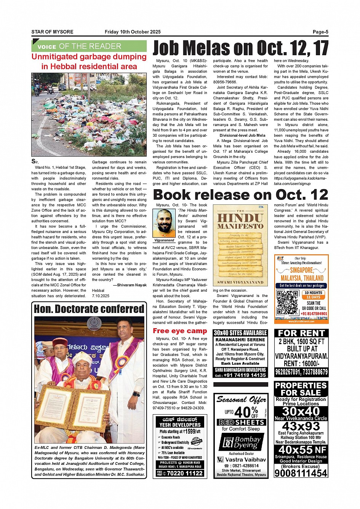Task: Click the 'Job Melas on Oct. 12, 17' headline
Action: tap(240, 48)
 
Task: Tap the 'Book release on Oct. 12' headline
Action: tap(240, 195)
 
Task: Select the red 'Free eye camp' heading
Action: tap(180, 331)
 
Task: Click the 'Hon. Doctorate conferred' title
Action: tap(89, 309)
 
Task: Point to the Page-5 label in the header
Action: tap(320, 32)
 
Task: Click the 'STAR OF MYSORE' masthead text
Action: tap(52, 32)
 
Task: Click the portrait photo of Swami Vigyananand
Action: tap(164, 222)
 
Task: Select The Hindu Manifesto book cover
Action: tap(240, 246)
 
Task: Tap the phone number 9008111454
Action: tap(301, 473)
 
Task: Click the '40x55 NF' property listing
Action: tap(301, 450)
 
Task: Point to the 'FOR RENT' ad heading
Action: tap(301, 333)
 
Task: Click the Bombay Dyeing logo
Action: tap(241, 442)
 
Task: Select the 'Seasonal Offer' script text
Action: tap(241, 400)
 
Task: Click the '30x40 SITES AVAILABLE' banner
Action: tap(240, 333)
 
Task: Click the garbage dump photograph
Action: tap(89, 115)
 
